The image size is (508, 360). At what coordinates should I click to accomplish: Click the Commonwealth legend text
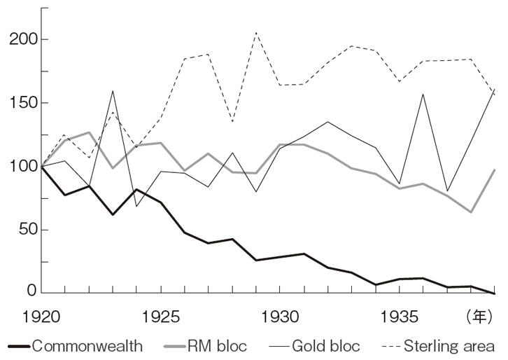87,346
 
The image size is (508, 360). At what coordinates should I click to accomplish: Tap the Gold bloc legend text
326,346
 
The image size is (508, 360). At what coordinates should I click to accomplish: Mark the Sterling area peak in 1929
257,32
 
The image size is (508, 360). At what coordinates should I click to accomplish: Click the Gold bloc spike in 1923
113,90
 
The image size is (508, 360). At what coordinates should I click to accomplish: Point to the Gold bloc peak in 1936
423,94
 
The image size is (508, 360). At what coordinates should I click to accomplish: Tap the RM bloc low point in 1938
472,212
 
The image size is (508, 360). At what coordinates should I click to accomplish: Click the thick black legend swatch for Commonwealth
19,346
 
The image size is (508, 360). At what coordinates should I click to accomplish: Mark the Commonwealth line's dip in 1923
113,214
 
